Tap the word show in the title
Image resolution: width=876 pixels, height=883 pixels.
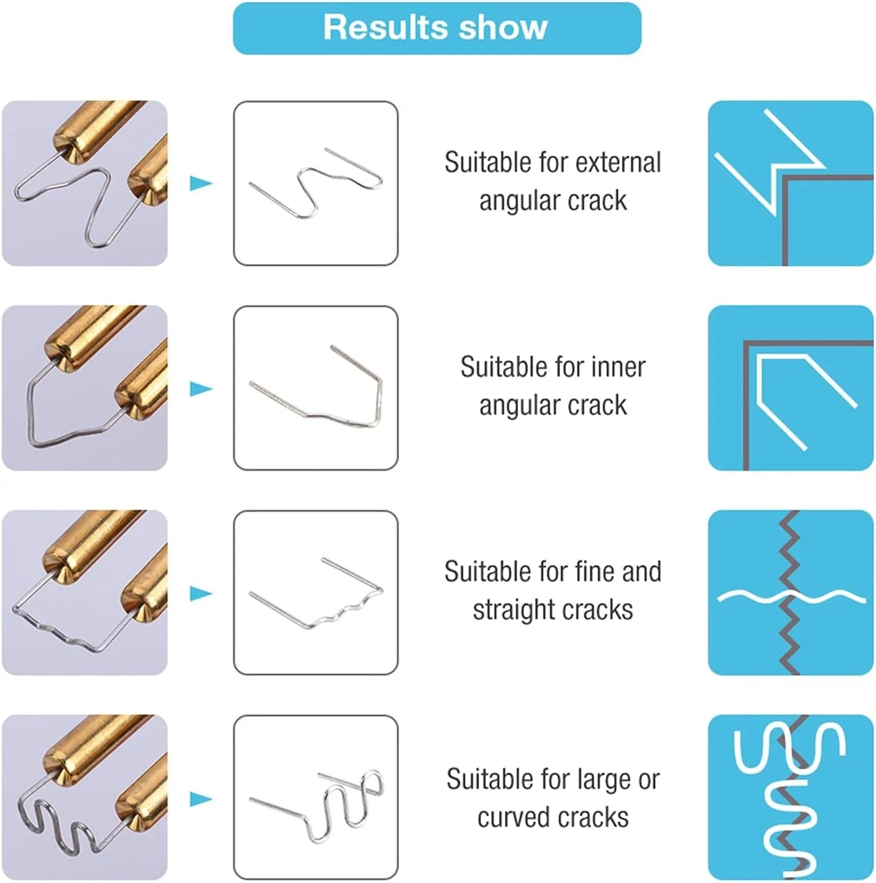503,27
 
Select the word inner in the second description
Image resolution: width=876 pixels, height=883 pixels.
618,367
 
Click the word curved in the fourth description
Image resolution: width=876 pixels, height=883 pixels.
513,817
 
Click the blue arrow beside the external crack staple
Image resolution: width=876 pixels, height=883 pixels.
201,183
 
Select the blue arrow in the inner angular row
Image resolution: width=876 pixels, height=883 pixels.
201,388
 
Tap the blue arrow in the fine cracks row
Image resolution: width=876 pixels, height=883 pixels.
201,593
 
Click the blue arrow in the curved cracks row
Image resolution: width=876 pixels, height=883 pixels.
201,799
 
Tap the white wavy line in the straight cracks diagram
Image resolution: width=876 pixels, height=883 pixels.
791,595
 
